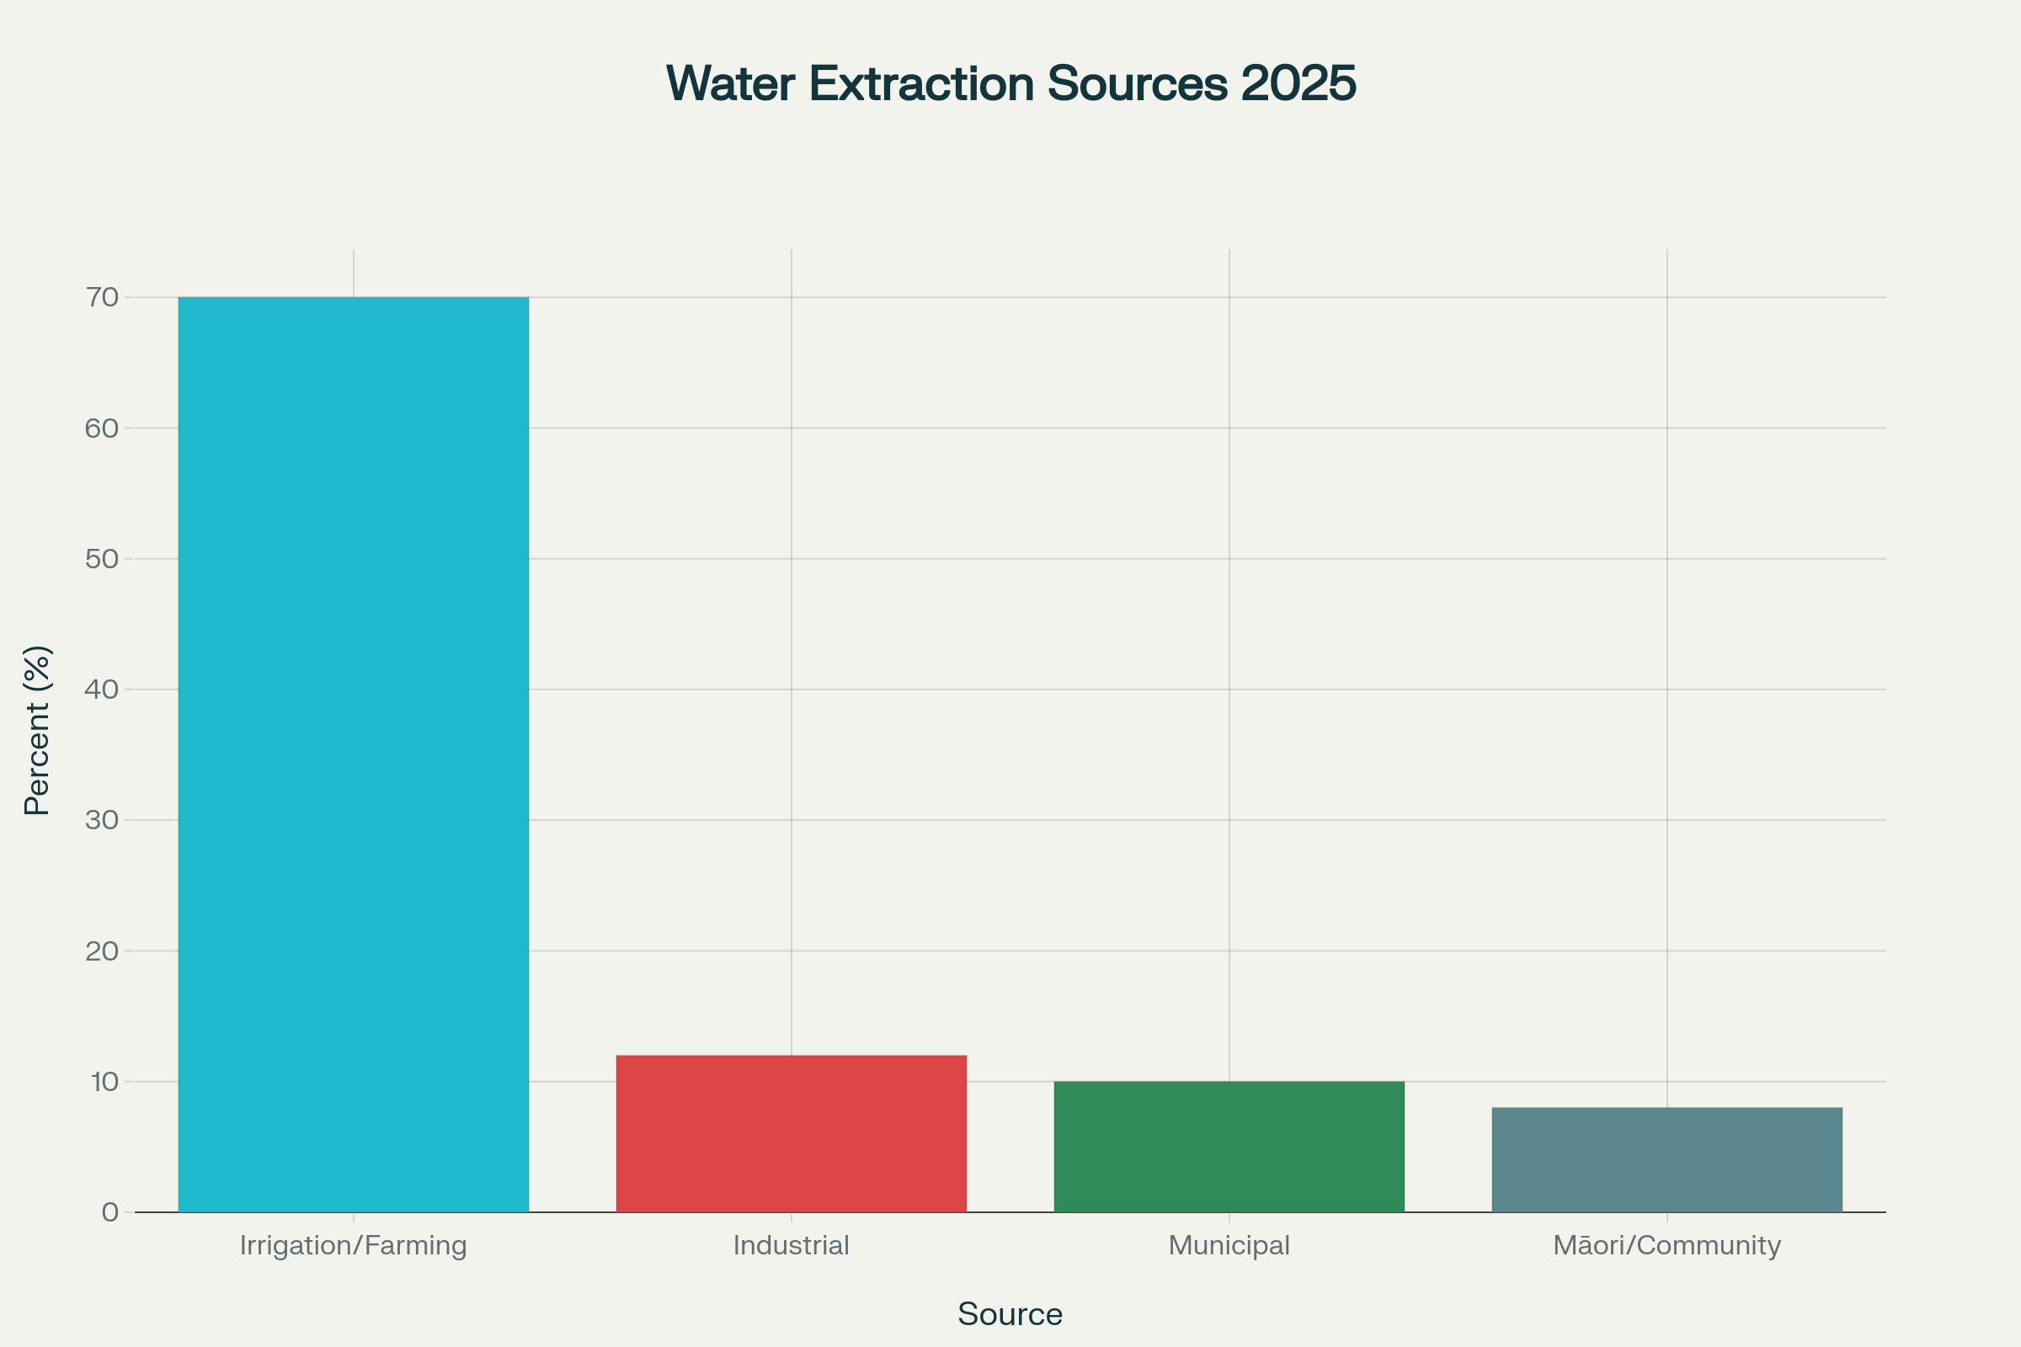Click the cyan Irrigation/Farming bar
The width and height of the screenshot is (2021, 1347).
pos(353,754)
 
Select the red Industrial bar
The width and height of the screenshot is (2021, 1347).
pos(791,1133)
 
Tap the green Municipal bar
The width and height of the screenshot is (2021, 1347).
pos(1229,1146)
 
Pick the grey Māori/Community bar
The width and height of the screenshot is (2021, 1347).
pos(1667,1159)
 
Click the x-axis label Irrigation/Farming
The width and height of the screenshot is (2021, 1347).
pos(353,1245)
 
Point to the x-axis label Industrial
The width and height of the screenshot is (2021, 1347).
pos(791,1245)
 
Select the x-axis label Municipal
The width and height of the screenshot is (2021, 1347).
pos(1229,1245)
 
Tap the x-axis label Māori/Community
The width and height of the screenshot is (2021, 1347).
pos(1667,1245)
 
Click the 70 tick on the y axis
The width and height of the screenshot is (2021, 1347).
pos(102,297)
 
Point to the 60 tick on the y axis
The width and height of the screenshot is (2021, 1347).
pos(102,428)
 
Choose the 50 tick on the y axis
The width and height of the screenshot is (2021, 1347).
pos(102,558)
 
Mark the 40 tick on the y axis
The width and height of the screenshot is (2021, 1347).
pos(102,689)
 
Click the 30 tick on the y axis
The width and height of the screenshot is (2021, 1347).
pos(102,819)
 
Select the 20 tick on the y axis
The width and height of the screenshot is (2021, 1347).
pos(102,950)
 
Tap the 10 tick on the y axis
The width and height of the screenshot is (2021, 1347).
pos(104,1081)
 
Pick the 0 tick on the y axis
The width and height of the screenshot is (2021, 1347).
pos(110,1212)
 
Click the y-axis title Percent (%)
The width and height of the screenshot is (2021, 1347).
pos(37,730)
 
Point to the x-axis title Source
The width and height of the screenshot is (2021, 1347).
pos(1010,1314)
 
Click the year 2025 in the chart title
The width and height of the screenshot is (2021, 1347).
pos(1298,83)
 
